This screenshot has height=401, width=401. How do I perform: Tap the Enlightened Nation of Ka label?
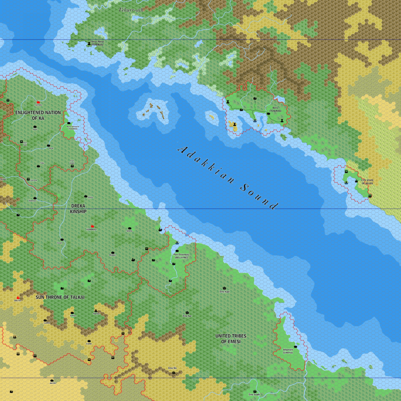point(38,115)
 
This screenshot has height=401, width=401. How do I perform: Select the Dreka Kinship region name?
point(78,208)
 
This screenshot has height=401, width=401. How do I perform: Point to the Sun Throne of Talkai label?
point(60,297)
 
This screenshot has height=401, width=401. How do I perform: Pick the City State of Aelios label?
point(367,182)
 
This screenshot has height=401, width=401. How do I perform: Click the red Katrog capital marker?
point(38,102)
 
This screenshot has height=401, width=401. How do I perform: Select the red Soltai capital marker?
point(18,298)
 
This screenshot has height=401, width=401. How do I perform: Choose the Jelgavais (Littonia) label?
point(290,351)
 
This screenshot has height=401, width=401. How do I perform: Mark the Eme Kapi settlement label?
point(224,292)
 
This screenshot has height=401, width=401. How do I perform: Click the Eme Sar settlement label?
point(187,316)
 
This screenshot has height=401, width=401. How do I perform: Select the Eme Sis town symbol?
point(173,373)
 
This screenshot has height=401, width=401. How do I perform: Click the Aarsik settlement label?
point(52,383)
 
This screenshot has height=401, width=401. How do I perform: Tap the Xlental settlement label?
point(96,314)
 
